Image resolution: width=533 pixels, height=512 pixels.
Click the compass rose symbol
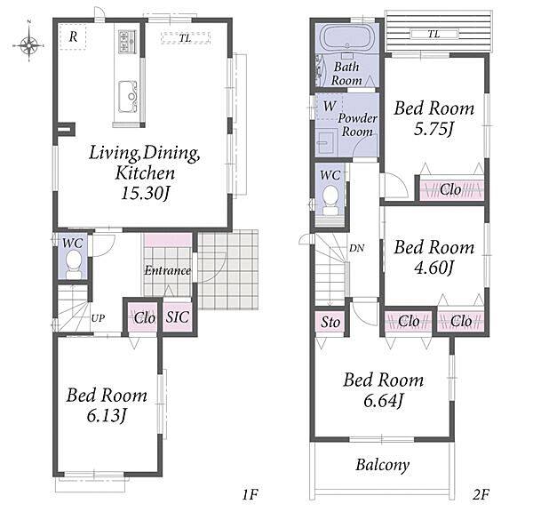point(29,45)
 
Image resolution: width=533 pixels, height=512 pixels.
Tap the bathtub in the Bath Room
point(346,38)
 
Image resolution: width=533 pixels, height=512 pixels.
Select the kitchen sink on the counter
point(128,96)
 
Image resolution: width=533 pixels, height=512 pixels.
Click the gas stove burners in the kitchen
point(127,42)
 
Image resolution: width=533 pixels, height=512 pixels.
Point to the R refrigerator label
point(73,36)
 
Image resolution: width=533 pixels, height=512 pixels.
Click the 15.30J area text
point(146,194)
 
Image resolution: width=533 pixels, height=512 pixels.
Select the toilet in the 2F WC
point(330,200)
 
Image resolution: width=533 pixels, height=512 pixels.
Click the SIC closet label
point(177,317)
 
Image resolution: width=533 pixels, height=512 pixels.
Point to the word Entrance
point(167,270)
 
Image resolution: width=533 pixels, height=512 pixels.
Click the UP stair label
point(98,318)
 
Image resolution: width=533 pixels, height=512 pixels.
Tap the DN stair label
point(356,248)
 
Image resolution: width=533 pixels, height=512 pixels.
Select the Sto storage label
point(330,322)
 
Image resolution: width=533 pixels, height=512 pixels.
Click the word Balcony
point(382,465)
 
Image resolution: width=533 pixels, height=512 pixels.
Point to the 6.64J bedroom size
point(384,401)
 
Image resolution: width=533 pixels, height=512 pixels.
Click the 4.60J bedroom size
point(434,268)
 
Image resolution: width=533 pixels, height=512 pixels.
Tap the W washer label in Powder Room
point(329,106)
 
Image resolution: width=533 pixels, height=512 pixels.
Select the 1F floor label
point(251,494)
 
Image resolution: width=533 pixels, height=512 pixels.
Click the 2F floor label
point(481,494)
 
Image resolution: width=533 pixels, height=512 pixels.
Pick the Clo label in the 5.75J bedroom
point(450,189)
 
